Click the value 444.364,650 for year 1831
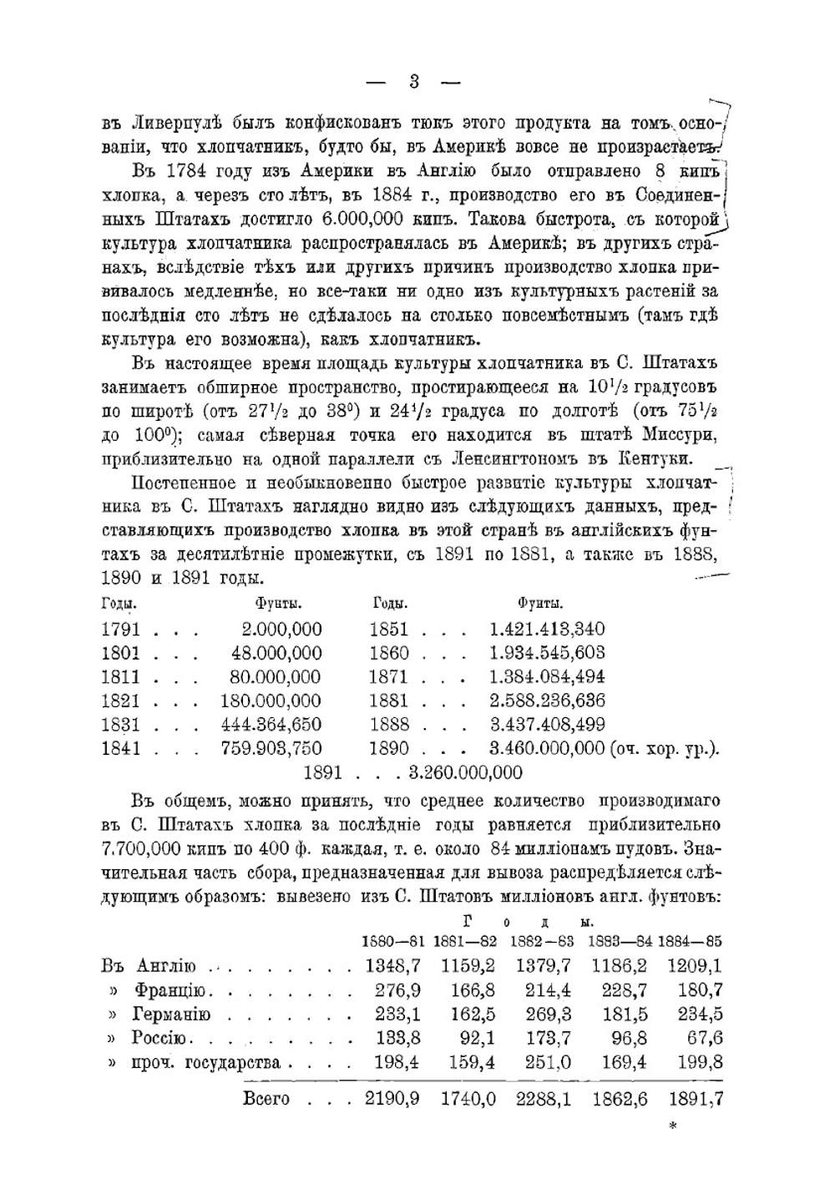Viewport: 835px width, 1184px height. [271, 724]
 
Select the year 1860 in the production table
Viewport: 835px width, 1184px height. [389, 652]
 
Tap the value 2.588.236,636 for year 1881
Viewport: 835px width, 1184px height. [547, 701]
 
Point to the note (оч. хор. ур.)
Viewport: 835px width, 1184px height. [665, 748]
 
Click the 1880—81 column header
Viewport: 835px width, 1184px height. [393, 941]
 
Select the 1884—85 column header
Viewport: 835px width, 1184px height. [690, 941]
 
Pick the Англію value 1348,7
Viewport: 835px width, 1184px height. [393, 966]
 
